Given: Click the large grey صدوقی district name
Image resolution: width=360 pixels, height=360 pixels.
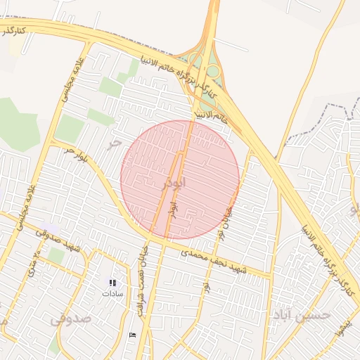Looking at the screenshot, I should (x=70, y=318).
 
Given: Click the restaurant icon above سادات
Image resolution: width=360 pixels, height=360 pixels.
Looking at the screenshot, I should (x=112, y=282).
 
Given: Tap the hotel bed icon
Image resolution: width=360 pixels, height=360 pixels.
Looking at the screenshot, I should (x=133, y=334).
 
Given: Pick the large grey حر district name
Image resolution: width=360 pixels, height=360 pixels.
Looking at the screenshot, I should (x=113, y=143).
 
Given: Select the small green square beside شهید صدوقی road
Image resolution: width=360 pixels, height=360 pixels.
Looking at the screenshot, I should (x=56, y=255).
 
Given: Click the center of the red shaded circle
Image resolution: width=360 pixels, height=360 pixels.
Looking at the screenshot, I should (x=180, y=179).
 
